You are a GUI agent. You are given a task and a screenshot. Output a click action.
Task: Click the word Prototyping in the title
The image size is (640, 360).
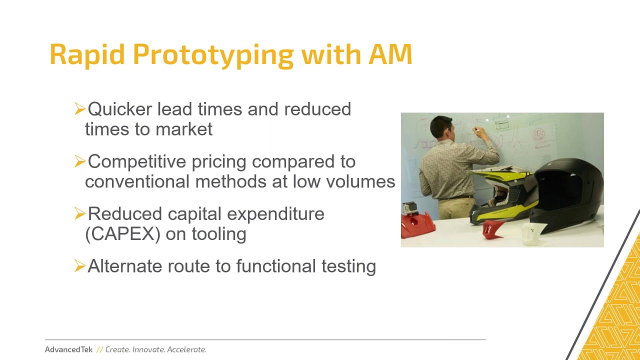point(213,54)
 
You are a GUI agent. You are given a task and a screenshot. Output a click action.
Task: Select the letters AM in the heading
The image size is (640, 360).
point(390,54)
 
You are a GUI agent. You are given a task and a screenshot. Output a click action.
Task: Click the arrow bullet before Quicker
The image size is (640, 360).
point(79,108)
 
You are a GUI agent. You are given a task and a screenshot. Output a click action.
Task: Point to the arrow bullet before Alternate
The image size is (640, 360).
point(79,266)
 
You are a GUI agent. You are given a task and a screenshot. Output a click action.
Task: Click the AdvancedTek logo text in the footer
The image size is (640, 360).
point(68,349)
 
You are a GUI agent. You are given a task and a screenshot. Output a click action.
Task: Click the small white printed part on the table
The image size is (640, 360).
point(531,234)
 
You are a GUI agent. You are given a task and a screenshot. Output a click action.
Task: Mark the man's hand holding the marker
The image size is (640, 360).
point(476,131)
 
